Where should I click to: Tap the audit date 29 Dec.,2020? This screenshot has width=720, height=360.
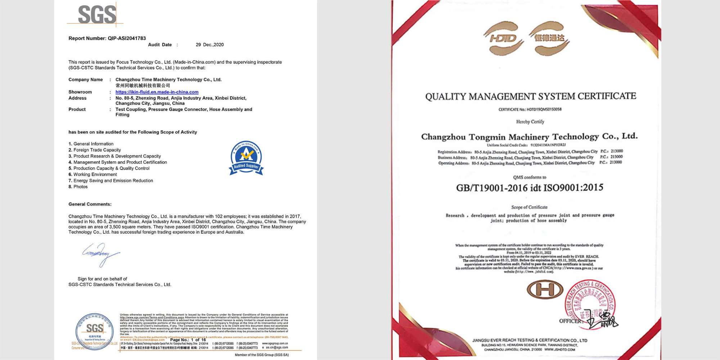(210, 45)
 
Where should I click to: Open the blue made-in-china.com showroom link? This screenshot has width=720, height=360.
(157, 92)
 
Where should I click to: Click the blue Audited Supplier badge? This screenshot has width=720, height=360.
(246, 158)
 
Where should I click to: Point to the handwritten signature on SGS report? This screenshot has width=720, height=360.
(100, 254)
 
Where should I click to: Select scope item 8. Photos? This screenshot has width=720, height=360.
(78, 187)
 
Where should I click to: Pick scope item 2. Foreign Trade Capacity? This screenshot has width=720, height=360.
(95, 150)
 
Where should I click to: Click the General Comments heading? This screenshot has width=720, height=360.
(90, 204)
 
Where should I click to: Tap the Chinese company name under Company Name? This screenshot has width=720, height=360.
(143, 86)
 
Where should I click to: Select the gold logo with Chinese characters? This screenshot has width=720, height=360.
(549, 38)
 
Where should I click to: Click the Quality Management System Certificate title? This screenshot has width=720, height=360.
(531, 96)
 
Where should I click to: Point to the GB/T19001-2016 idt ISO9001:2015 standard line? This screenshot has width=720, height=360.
(530, 188)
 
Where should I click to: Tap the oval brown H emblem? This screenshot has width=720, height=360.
(545, 289)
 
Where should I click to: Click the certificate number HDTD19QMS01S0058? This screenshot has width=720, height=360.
(530, 109)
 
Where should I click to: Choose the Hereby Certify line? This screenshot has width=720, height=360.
(530, 122)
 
